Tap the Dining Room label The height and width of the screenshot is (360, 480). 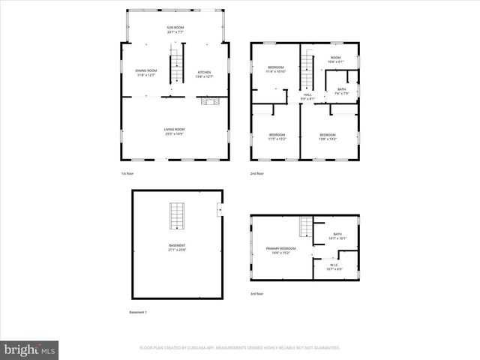click(x=146, y=73)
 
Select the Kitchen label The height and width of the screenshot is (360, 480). click(x=204, y=73)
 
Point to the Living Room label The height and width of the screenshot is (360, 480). click(x=175, y=132)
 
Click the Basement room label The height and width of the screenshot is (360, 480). click(x=177, y=247)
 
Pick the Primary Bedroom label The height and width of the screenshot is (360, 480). click(x=280, y=250)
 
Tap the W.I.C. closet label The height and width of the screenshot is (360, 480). click(x=335, y=266)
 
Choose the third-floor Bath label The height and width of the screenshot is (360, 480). click(x=337, y=236)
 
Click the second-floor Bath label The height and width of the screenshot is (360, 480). click(x=341, y=91)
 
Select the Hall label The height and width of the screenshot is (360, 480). click(x=307, y=96)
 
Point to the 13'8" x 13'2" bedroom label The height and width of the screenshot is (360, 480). click(x=328, y=136)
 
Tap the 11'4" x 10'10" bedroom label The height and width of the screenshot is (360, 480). click(x=277, y=70)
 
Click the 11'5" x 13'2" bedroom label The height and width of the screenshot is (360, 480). click(x=277, y=136)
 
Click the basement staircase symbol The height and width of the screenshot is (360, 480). click(x=177, y=216)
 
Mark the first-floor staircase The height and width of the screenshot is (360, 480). click(x=178, y=70)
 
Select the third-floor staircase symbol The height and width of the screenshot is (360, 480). click(x=305, y=226)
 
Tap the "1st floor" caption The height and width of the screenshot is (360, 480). click(x=127, y=173)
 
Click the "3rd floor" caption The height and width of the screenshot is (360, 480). click(x=256, y=294)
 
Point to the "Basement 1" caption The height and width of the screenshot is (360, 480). click(x=138, y=312)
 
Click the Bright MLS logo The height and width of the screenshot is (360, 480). click(x=30, y=349)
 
